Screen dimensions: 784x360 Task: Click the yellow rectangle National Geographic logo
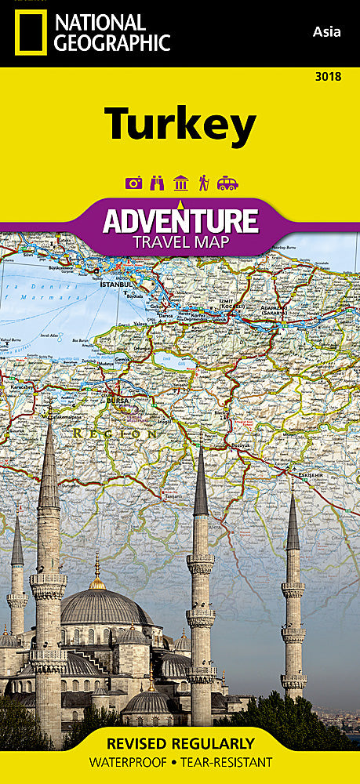pyautogui.click(x=30, y=33)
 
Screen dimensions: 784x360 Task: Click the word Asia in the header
pyautogui.click(x=326, y=31)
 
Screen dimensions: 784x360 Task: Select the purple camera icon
pyautogui.click(x=134, y=183)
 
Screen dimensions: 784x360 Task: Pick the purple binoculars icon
pyautogui.click(x=157, y=183)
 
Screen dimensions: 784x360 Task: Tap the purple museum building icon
pyautogui.click(x=180, y=183)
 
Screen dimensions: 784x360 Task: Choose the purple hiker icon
pyautogui.click(x=203, y=183)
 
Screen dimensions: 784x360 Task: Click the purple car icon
pyautogui.click(x=227, y=183)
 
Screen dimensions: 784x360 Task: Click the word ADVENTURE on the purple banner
pyautogui.click(x=180, y=220)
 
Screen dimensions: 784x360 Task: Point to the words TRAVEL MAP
pyautogui.click(x=180, y=241)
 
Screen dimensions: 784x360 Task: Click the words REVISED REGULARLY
pyautogui.click(x=180, y=743)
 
